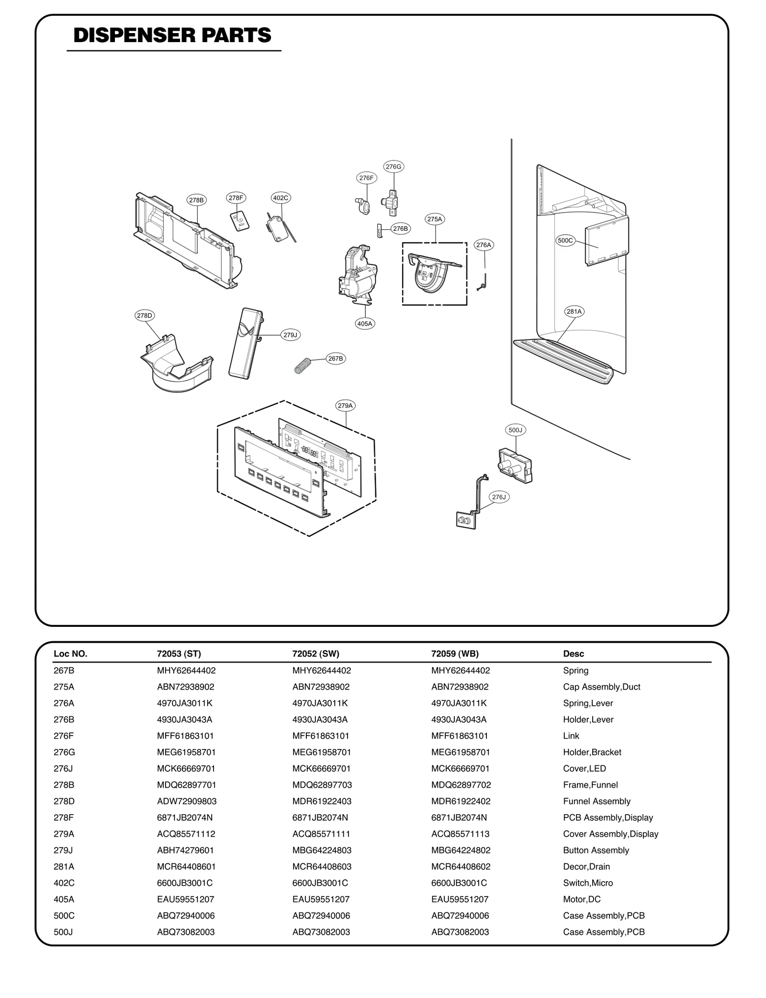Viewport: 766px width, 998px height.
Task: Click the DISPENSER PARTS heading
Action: (172, 35)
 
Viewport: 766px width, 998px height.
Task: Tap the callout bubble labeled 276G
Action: (394, 167)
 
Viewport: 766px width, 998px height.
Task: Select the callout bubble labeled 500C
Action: (565, 240)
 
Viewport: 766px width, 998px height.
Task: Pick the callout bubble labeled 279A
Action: (345, 406)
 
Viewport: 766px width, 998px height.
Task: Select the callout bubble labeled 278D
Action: (144, 316)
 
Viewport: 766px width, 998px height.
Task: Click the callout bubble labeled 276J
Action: (499, 497)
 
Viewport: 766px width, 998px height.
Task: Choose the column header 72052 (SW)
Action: (315, 654)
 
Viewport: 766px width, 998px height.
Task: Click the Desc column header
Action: (574, 654)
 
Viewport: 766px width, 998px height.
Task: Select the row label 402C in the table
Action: (64, 883)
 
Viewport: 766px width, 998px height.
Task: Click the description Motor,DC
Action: (582, 899)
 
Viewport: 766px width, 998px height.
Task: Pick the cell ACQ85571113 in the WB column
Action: (460, 834)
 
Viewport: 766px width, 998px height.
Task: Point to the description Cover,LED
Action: (584, 768)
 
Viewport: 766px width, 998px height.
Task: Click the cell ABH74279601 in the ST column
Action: (185, 850)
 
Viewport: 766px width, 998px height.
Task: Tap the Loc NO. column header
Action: (70, 654)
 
